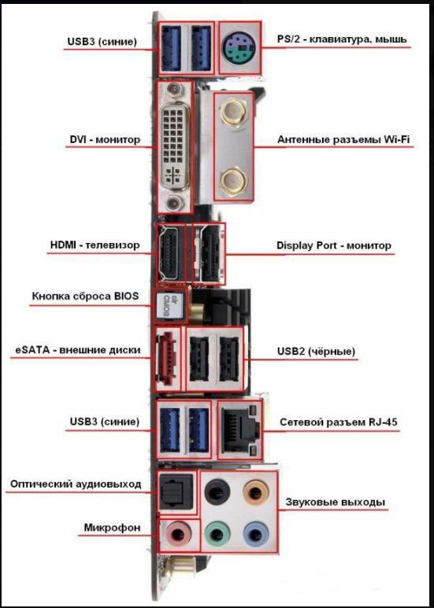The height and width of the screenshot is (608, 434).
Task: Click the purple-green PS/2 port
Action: click(x=239, y=48)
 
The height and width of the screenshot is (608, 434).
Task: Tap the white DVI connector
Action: click(x=173, y=147)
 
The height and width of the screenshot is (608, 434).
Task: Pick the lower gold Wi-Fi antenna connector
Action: click(x=233, y=182)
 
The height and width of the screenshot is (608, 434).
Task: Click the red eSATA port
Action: click(x=166, y=358)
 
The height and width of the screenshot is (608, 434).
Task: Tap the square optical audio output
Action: click(x=176, y=491)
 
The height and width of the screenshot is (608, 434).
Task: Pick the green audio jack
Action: click(x=217, y=535)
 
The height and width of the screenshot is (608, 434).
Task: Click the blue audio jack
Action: click(x=256, y=535)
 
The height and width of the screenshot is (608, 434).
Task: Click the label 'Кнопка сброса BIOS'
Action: click(x=85, y=296)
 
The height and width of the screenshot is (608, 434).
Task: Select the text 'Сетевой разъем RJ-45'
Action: click(x=339, y=422)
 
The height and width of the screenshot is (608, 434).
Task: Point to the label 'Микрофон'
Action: click(x=112, y=528)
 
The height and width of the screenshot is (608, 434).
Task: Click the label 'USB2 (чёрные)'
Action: click(x=316, y=352)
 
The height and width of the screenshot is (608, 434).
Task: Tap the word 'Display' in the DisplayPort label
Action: click(x=295, y=246)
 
